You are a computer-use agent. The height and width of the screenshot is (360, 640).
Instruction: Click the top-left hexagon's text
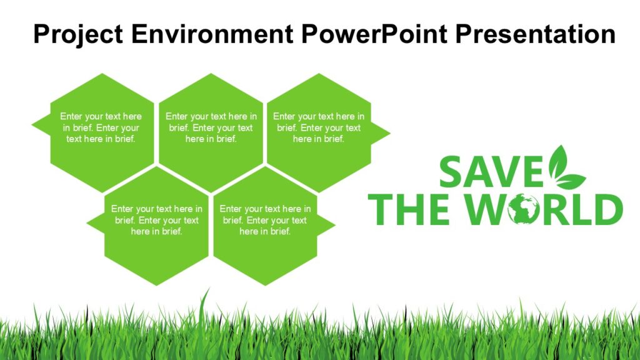101,127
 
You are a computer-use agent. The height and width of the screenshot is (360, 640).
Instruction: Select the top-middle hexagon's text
211,127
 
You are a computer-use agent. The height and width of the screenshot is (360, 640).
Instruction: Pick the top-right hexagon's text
319,127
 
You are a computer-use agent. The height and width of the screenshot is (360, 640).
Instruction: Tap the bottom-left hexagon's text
156,220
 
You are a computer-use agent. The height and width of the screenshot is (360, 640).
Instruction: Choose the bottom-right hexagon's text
265,220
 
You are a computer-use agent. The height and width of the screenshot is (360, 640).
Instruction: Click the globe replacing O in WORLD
524,210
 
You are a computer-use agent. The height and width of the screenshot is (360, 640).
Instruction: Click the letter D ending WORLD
607,210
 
